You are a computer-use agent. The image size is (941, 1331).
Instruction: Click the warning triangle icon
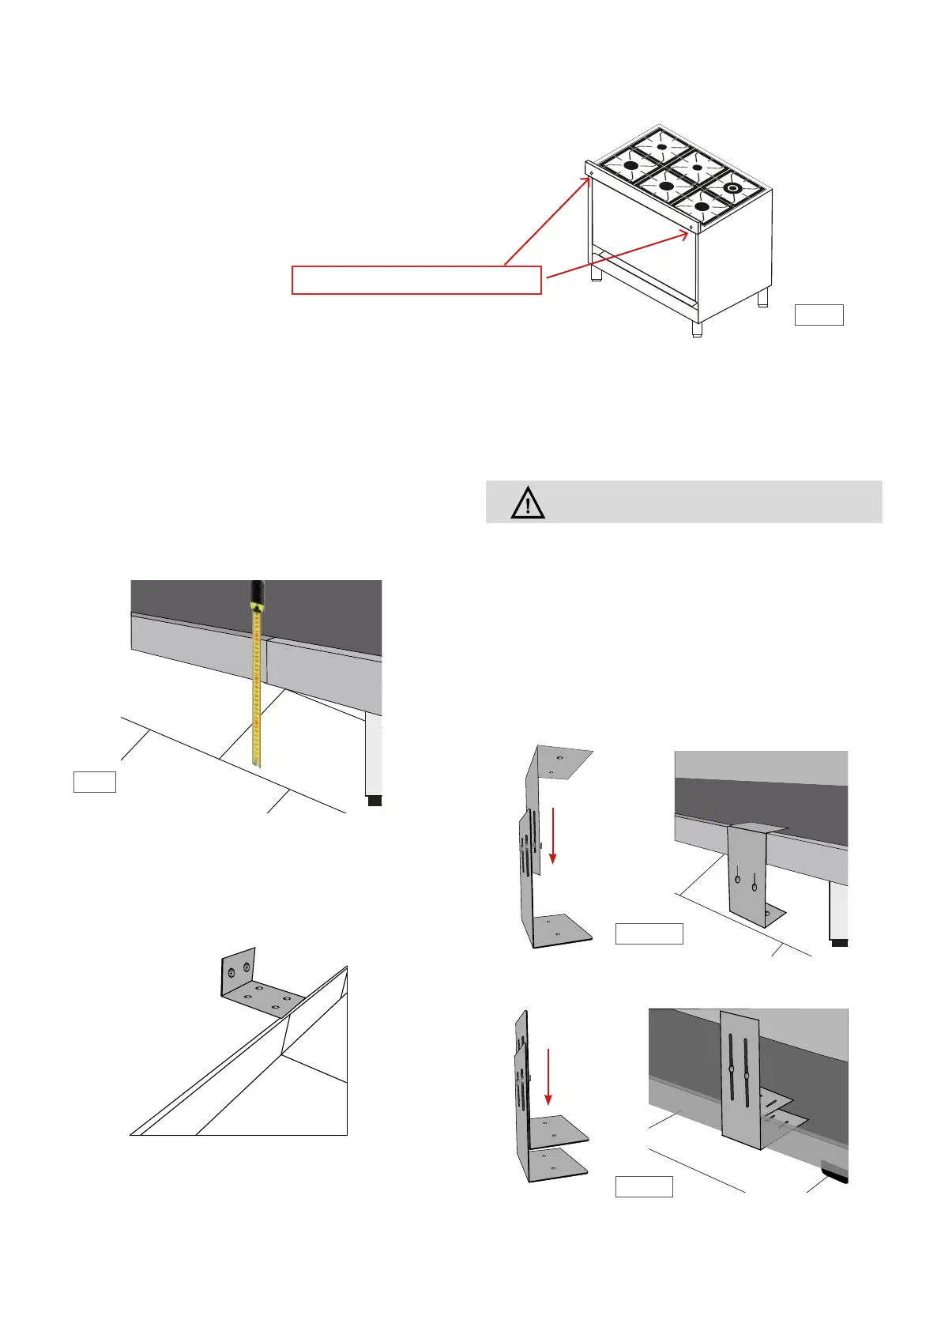click(527, 503)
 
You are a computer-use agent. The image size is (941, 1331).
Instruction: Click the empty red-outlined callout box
click(416, 281)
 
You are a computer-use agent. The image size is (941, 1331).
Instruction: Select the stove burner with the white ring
click(732, 188)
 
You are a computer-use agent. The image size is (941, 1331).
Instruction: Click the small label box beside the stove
click(819, 315)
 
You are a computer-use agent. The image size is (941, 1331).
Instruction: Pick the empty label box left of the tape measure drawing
click(95, 782)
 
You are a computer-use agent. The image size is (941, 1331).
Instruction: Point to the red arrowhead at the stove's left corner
click(588, 179)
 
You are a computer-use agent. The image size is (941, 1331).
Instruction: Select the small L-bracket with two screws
click(253, 985)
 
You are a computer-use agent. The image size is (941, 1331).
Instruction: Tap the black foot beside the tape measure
click(375, 801)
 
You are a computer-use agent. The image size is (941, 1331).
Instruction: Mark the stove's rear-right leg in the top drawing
click(762, 297)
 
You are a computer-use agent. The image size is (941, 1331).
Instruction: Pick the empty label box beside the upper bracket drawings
click(649, 933)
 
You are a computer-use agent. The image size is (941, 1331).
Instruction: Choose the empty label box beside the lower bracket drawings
click(644, 1186)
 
